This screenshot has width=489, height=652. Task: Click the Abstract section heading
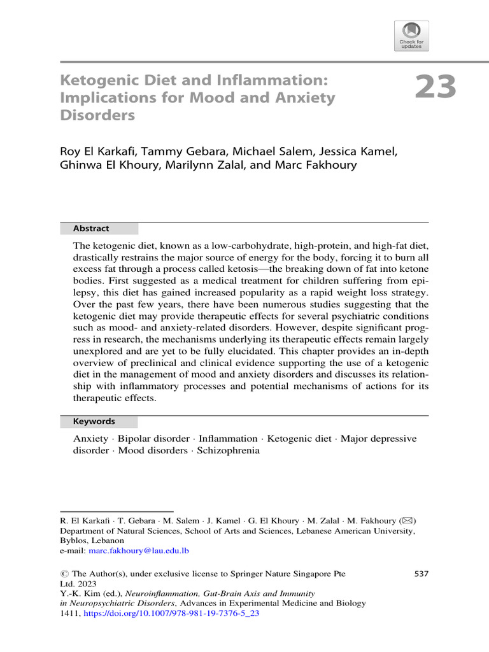click(91, 229)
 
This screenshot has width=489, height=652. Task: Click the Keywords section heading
click(94, 421)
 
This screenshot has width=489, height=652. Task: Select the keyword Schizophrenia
click(229, 450)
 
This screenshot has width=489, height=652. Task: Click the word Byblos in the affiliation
click(72, 540)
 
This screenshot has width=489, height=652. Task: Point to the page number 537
click(422, 574)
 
